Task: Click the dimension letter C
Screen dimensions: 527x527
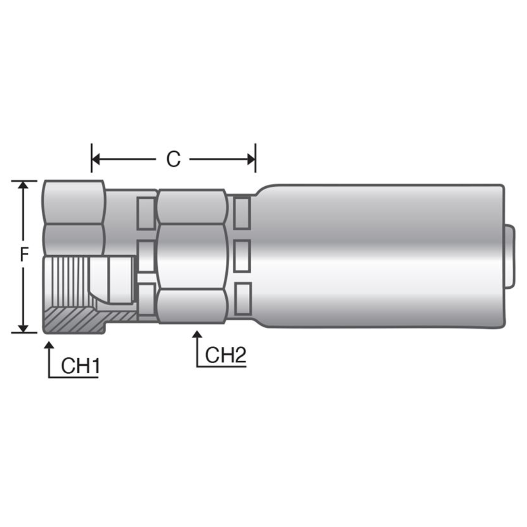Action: (173, 159)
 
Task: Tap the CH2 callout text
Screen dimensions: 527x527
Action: (225, 356)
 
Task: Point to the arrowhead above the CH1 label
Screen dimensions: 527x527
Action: (49, 345)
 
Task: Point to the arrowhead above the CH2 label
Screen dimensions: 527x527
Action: (197, 334)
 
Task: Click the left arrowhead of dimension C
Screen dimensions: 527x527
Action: (96, 159)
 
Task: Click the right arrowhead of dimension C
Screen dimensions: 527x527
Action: (251, 159)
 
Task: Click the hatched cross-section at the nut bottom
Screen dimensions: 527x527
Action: (73, 320)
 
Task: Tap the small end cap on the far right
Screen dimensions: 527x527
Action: (509, 256)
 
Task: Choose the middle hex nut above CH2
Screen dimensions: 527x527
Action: (191, 256)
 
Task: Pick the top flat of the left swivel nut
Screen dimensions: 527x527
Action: (74, 201)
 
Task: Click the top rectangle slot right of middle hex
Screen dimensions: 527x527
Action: (242, 212)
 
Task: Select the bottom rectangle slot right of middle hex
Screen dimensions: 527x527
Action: (243, 298)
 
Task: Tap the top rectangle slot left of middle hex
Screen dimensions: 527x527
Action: (146, 213)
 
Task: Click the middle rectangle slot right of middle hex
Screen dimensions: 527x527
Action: (242, 256)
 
